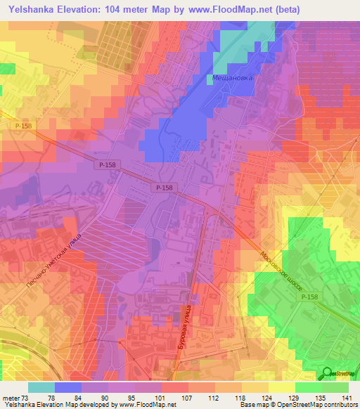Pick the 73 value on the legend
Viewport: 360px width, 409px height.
pos(27,398)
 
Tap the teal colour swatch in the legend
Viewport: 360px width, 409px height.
pos(41,387)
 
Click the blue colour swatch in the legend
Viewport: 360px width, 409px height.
pos(68,387)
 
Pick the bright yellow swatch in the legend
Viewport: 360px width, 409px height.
pos(282,387)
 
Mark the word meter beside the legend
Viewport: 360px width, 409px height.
pos(10,398)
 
